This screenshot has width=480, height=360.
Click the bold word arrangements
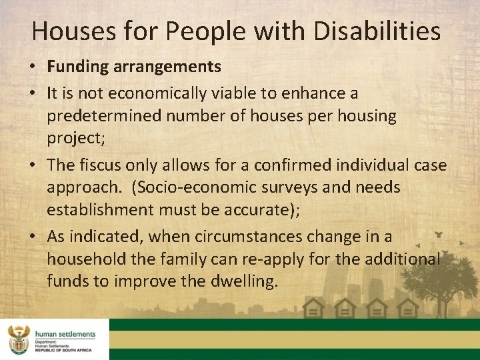[x=164, y=67]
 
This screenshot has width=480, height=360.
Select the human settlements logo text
[x=66, y=334]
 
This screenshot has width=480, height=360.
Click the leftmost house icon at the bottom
[x=313, y=308]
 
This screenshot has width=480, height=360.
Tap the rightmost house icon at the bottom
[x=408, y=308]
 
